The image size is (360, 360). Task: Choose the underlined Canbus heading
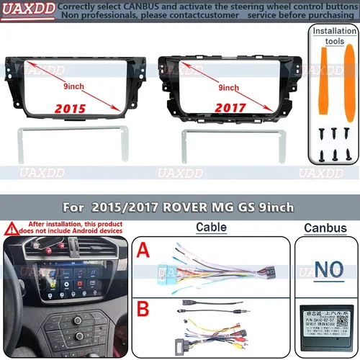[322, 228]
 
